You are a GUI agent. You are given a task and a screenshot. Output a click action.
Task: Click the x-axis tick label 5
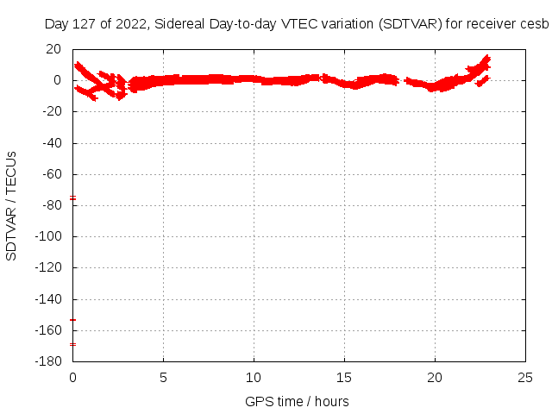click(163, 377)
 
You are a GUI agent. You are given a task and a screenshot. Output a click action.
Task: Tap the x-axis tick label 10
click(254, 377)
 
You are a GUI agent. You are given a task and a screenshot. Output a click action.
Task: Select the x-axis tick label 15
click(344, 377)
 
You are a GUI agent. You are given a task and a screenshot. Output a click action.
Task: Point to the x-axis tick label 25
click(525, 377)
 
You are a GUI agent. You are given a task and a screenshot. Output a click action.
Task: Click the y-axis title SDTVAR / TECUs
click(12, 205)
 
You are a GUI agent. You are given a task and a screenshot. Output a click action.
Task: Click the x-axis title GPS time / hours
click(297, 401)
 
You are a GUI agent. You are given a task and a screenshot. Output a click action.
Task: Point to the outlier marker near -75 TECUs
click(73, 198)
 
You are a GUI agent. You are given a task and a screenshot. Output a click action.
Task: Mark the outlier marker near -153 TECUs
click(73, 320)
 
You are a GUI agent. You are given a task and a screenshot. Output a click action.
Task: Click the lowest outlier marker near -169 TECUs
click(73, 344)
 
